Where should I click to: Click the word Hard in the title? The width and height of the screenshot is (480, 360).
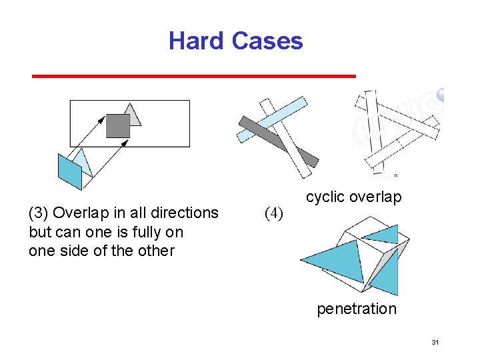(197, 41)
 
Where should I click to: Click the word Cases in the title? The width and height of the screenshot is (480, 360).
(267, 41)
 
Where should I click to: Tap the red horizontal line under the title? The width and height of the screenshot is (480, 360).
(194, 77)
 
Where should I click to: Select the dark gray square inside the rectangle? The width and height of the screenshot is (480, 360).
(118, 125)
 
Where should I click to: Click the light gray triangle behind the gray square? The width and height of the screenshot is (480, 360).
(133, 114)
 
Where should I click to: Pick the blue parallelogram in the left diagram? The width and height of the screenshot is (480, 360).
(69, 172)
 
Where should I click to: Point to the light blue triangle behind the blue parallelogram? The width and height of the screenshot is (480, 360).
(82, 160)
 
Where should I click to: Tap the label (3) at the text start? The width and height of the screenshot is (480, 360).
(38, 213)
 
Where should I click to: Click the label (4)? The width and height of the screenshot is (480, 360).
(274, 213)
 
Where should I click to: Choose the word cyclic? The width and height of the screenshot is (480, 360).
(325, 197)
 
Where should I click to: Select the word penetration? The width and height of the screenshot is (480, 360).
(356, 309)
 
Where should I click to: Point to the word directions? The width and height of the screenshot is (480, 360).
(186, 213)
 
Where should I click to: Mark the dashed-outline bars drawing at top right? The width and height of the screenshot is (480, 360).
(397, 133)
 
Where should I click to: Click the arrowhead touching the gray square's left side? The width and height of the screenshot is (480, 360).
(103, 119)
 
